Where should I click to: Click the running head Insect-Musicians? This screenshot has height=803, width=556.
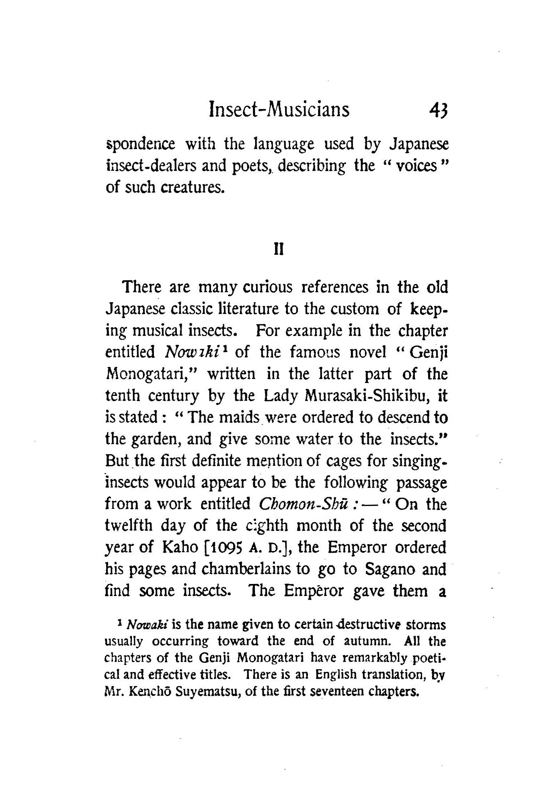point(279,109)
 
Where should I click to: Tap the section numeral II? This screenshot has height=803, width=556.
point(278,250)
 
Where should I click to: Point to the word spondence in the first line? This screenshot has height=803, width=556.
point(140,144)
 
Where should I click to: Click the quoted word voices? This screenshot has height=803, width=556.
point(416,166)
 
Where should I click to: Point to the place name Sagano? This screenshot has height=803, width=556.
point(389,569)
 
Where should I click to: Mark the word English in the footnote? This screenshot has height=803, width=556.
point(336,675)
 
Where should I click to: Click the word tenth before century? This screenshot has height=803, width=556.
point(123,396)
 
